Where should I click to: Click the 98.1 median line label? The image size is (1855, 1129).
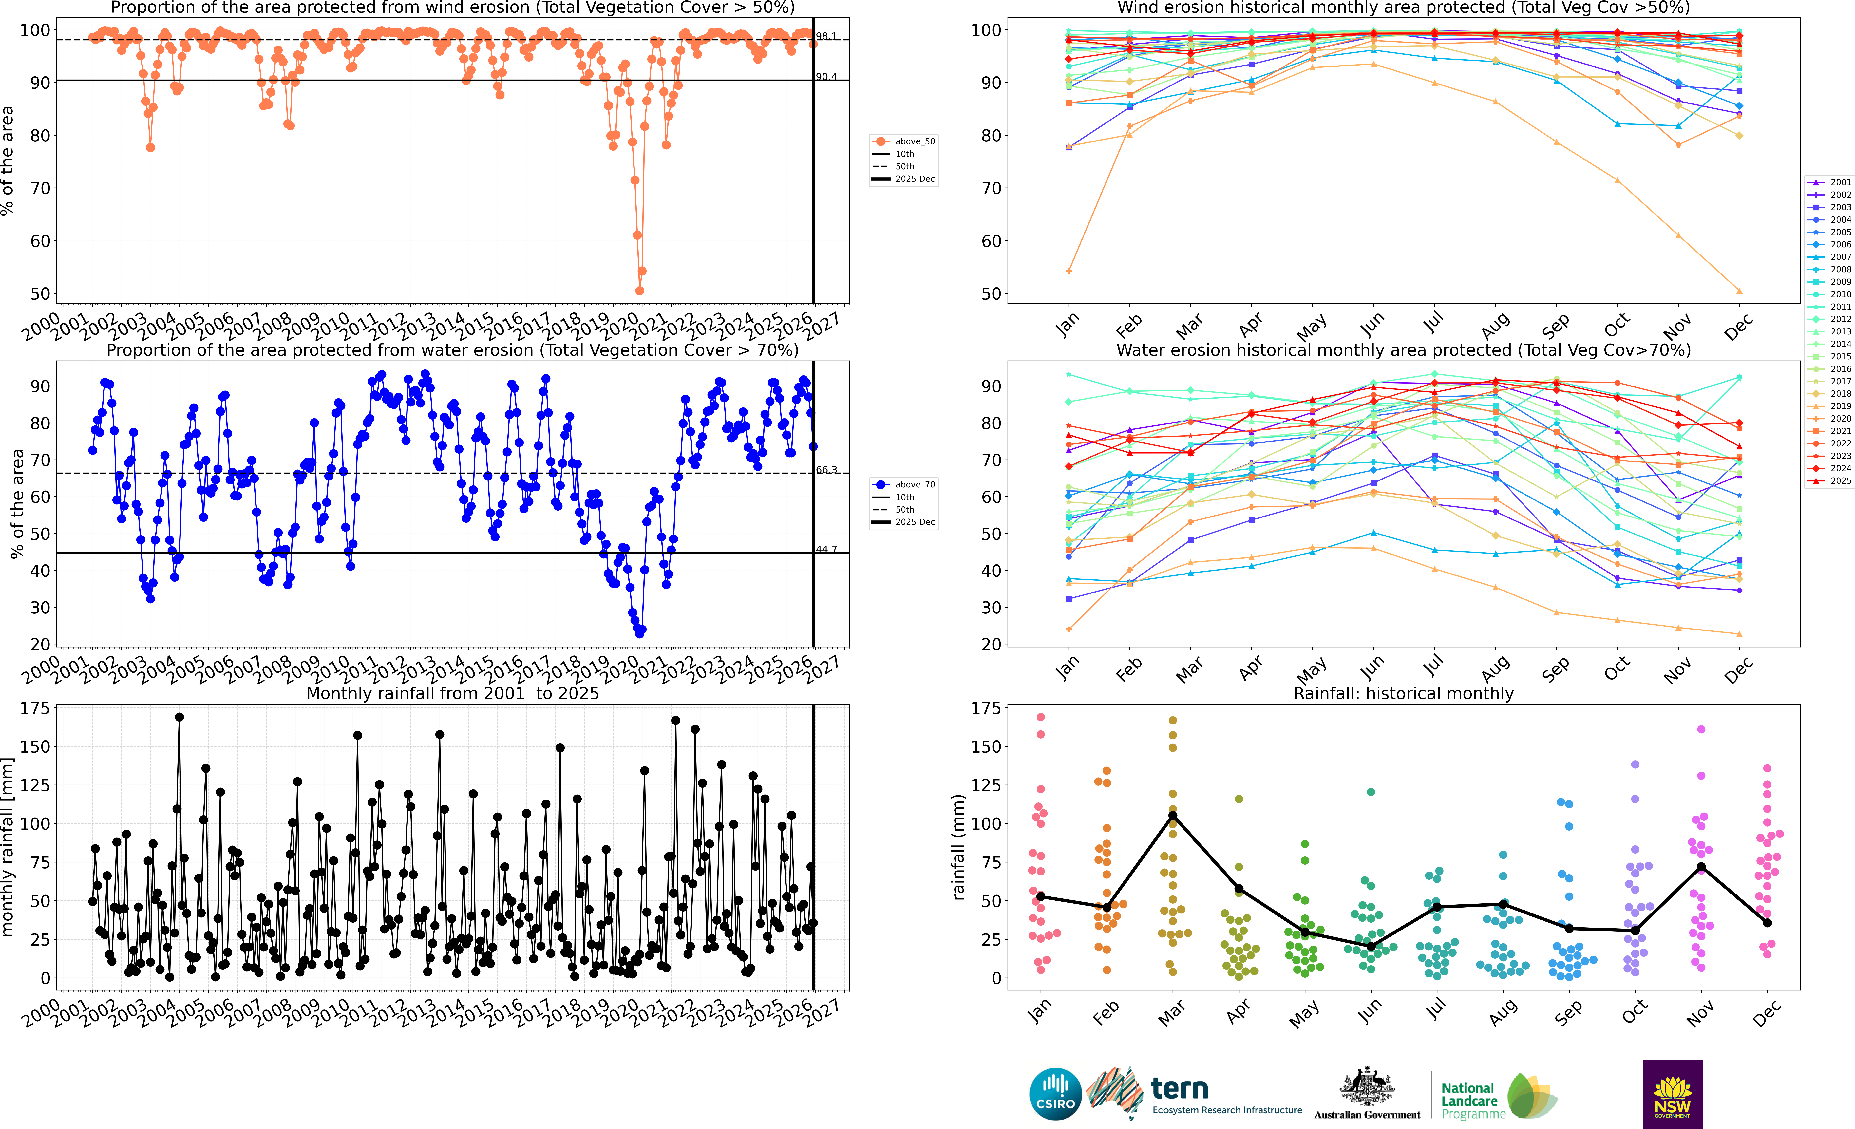(826, 36)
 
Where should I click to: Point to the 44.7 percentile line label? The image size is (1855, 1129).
(826, 549)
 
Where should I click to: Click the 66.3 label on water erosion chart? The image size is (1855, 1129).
(826, 470)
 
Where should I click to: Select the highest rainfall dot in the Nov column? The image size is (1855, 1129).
(1701, 729)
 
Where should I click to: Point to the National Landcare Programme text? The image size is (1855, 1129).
(1472, 1100)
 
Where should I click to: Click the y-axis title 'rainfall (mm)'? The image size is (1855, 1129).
(958, 847)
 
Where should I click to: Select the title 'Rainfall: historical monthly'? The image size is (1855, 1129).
(1403, 693)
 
